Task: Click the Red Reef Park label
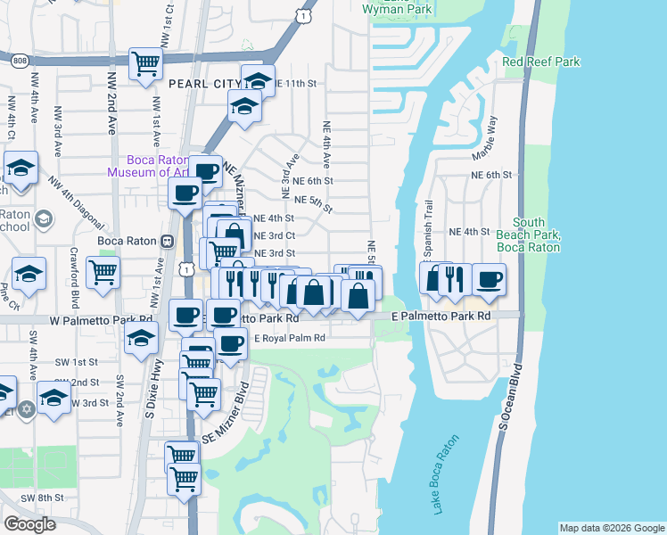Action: [540, 62]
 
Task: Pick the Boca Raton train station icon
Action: [166, 241]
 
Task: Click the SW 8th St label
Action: [45, 497]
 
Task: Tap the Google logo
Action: [30, 524]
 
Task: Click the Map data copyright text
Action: [611, 528]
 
